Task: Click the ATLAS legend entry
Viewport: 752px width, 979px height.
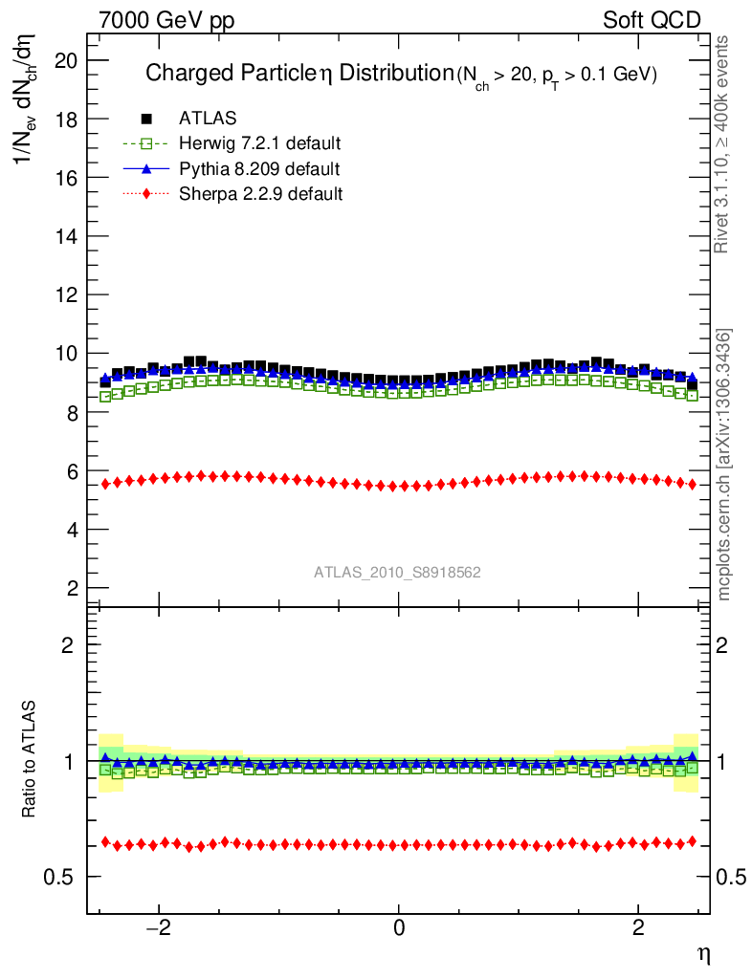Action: (x=208, y=119)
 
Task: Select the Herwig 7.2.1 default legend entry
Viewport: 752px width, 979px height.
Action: (x=259, y=144)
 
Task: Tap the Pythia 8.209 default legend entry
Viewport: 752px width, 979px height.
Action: (x=258, y=169)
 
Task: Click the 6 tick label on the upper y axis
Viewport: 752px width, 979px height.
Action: (x=71, y=471)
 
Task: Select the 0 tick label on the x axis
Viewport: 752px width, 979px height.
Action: (x=399, y=928)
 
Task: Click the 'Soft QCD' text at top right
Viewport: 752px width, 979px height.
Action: (x=652, y=20)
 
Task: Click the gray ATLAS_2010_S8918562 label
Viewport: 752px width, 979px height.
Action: (x=397, y=573)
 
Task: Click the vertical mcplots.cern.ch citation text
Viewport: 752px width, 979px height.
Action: (x=724, y=465)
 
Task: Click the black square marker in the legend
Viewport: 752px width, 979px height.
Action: (x=146, y=119)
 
